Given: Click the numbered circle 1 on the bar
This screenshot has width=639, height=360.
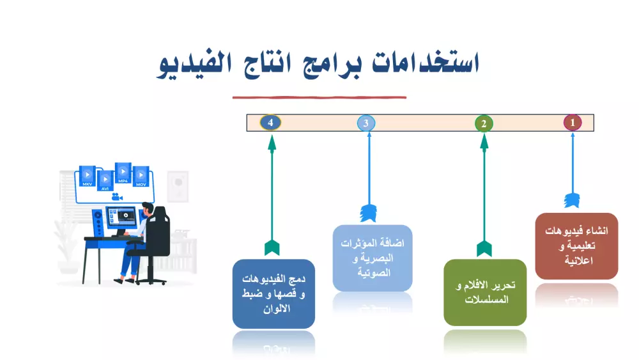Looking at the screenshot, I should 573,122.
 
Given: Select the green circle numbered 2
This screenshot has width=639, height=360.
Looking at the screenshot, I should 484,123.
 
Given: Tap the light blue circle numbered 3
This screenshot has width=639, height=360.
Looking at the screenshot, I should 366,123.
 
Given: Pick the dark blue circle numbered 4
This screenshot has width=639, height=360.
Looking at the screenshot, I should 272,121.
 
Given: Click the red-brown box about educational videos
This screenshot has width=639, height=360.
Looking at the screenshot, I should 576,246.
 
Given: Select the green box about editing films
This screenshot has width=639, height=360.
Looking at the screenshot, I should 485,292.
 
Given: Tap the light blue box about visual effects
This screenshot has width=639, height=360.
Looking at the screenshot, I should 372,258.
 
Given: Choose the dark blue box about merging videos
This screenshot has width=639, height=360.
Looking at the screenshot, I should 273,293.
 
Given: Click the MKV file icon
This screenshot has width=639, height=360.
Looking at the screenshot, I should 87,176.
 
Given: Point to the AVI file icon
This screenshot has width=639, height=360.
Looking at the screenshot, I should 104,180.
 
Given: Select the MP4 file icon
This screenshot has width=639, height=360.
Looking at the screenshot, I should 123,173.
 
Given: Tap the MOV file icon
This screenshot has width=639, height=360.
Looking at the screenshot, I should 141,176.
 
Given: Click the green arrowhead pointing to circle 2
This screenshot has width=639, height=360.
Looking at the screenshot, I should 484,143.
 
